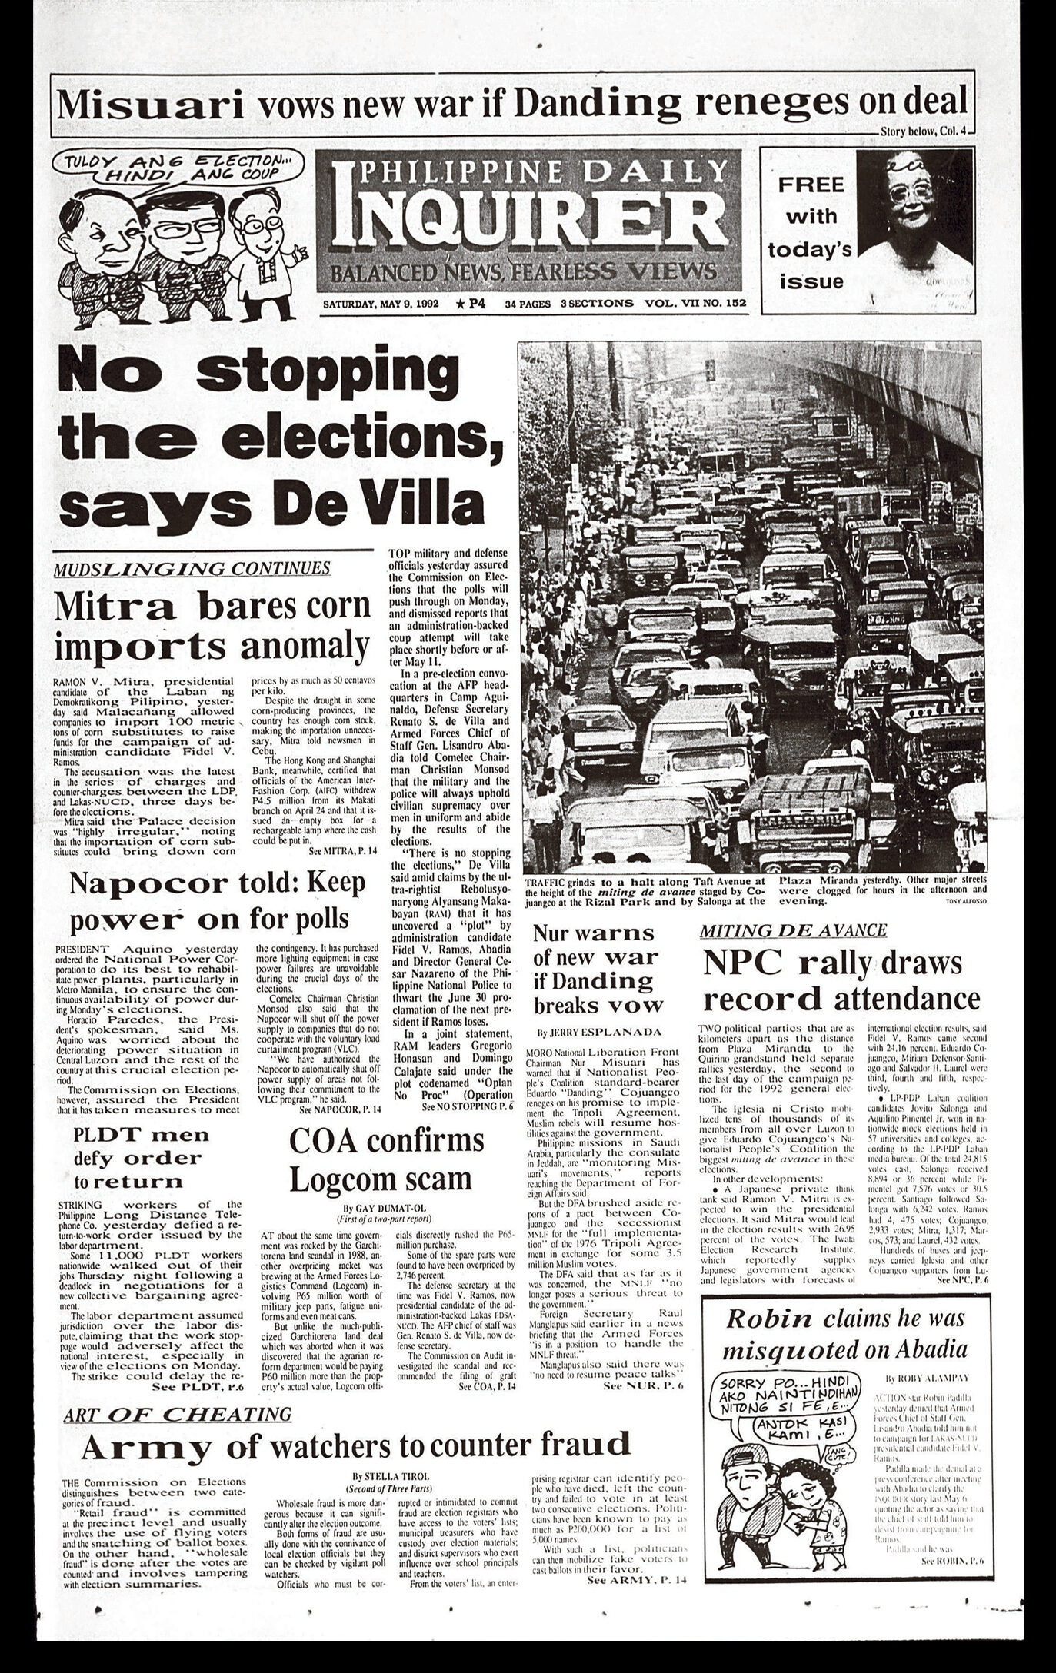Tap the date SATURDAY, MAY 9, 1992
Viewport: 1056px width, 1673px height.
(x=380, y=304)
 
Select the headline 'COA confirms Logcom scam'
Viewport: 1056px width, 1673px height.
(x=388, y=1156)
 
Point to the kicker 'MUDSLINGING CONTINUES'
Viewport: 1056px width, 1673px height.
(x=192, y=568)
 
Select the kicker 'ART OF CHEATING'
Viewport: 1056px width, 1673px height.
(x=178, y=1414)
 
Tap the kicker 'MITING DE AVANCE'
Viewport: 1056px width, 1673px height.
(x=793, y=930)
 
